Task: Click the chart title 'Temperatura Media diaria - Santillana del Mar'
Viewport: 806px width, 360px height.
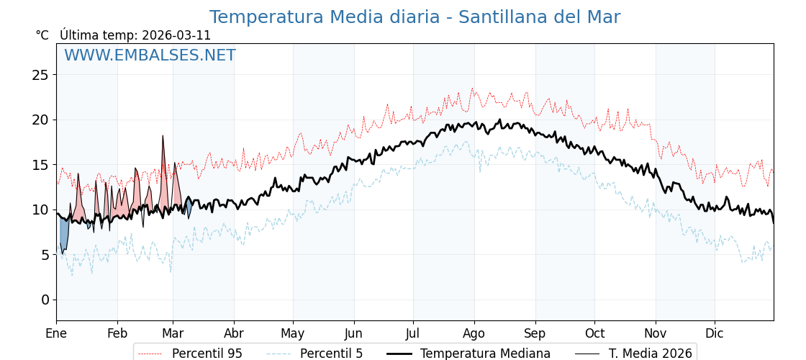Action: (x=415, y=17)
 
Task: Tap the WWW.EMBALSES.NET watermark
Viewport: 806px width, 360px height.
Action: (x=150, y=55)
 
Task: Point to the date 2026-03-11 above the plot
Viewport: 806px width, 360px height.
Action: (x=176, y=35)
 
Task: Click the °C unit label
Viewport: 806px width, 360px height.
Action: (x=42, y=35)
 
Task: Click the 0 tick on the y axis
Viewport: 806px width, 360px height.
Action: (x=45, y=300)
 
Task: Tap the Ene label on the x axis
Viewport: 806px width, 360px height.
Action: (x=56, y=333)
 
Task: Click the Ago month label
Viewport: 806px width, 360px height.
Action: (x=474, y=333)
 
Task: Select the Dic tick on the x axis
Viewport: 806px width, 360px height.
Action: (x=715, y=333)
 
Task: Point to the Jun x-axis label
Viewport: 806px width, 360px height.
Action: (x=353, y=333)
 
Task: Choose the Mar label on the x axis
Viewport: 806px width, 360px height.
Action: (x=173, y=333)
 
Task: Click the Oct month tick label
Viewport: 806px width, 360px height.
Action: (x=594, y=333)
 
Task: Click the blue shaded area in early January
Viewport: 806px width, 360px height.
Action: (x=64, y=234)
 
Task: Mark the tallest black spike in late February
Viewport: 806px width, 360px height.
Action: (x=163, y=137)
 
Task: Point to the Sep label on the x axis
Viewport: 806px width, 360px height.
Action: (x=535, y=333)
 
